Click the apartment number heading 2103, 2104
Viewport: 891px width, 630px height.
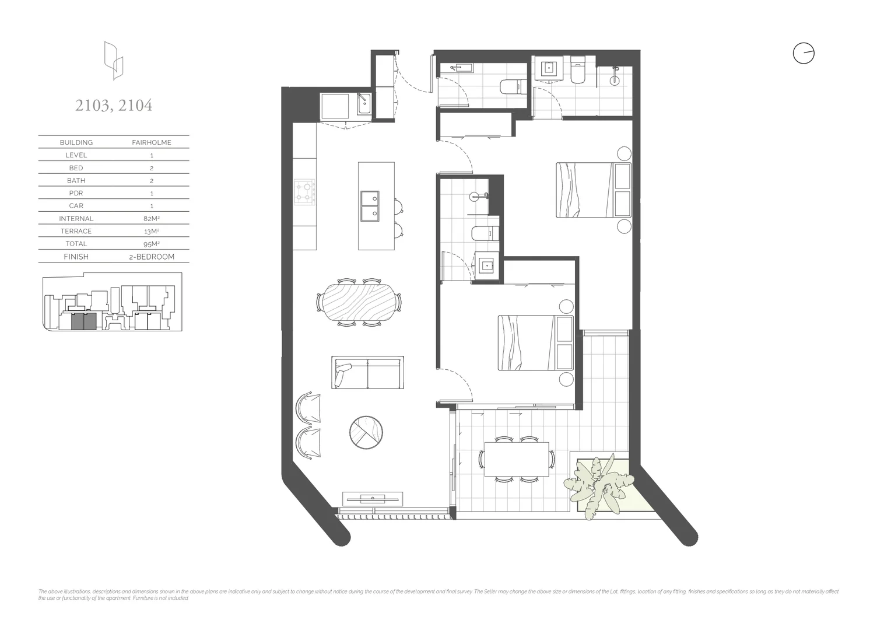click(114, 106)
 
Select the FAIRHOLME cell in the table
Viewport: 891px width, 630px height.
click(151, 142)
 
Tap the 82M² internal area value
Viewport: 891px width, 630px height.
click(151, 219)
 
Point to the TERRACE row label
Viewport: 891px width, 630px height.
click(76, 232)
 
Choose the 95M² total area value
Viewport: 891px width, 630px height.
click(151, 244)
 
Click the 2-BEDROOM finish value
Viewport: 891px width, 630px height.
click(151, 257)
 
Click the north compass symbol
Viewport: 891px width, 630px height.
click(803, 54)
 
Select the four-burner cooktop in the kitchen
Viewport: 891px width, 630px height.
click(304, 192)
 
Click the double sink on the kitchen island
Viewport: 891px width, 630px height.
click(369, 206)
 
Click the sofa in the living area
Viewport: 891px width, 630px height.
click(367, 373)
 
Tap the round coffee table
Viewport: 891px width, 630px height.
click(366, 432)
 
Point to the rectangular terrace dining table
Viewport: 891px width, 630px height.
click(516, 459)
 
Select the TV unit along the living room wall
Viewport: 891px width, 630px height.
click(372, 498)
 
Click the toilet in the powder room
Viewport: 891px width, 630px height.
click(510, 87)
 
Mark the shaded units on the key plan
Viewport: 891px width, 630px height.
click(83, 321)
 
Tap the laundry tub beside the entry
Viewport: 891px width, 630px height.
click(363, 106)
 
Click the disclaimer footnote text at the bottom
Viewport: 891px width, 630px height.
click(437, 594)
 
